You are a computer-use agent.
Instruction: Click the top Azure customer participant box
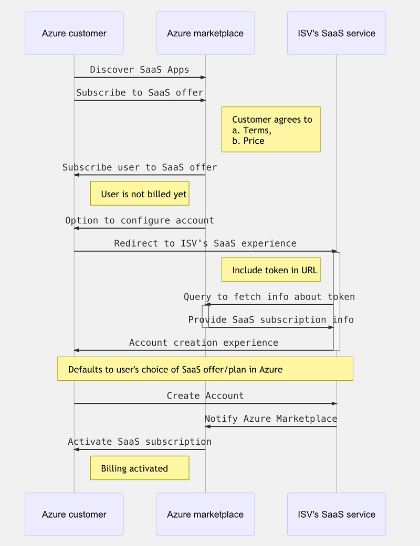(x=74, y=33)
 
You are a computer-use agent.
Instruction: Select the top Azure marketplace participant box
(x=205, y=33)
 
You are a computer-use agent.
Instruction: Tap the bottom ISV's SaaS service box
(x=337, y=514)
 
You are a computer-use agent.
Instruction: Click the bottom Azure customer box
(x=74, y=514)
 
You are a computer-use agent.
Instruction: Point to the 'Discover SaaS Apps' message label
(x=140, y=70)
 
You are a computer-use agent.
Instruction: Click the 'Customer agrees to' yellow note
(x=271, y=130)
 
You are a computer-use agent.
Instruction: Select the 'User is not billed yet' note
(x=140, y=194)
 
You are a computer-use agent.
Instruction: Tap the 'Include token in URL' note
(x=271, y=270)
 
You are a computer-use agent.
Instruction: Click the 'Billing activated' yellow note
(x=140, y=468)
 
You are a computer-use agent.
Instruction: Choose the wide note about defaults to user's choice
(x=205, y=369)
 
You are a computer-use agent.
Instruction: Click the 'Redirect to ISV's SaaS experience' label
(x=205, y=243)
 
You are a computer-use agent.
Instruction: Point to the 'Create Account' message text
(x=205, y=396)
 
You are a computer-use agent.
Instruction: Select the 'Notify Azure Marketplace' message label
(x=271, y=419)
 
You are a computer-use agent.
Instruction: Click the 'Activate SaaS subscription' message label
(x=140, y=442)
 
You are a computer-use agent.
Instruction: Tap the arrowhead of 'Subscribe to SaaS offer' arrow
(x=203, y=100)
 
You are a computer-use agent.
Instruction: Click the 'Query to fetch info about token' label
(x=269, y=297)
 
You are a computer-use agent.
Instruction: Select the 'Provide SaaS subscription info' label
(x=271, y=319)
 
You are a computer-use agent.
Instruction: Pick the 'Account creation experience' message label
(x=204, y=342)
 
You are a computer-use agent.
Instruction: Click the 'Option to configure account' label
(x=140, y=220)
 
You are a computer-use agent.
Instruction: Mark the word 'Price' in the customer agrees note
(x=254, y=141)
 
